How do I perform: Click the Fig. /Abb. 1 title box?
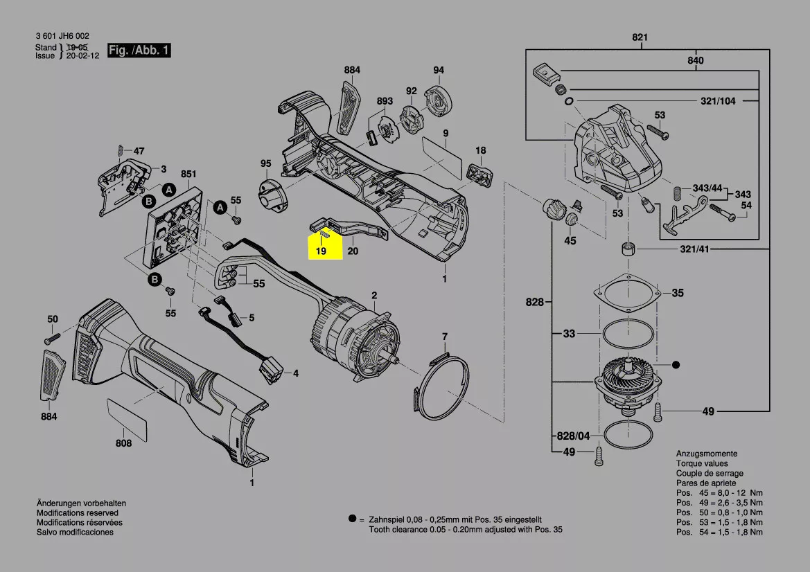[x=139, y=50]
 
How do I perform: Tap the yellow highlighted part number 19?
[x=322, y=251]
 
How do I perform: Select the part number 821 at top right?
[x=640, y=37]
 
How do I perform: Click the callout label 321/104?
[x=718, y=101]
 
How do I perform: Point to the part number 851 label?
[x=188, y=174]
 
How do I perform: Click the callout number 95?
[x=265, y=163]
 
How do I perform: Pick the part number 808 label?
[x=123, y=443]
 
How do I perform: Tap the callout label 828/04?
[x=573, y=436]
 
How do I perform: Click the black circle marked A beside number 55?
[x=220, y=208]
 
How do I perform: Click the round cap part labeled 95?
[x=272, y=195]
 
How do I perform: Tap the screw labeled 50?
[x=52, y=339]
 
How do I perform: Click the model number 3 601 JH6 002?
[x=62, y=35]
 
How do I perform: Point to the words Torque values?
[x=702, y=463]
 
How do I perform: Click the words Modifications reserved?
[x=78, y=512]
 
